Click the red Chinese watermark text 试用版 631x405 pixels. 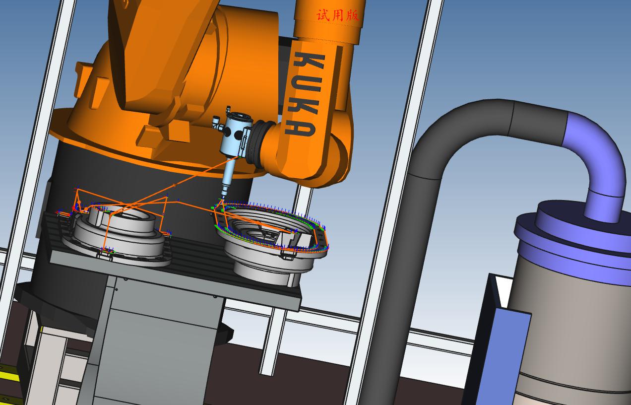click(337, 15)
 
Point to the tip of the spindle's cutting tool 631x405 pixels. click(222, 199)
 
